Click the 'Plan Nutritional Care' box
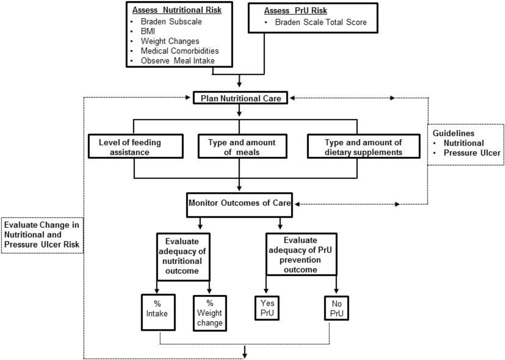point(241,98)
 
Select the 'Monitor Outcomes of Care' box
point(239,203)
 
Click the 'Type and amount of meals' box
point(242,147)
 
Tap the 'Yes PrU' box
point(266,309)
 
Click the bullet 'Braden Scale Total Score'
point(321,22)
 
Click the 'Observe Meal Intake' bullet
point(177,61)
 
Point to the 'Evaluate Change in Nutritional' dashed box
point(42,234)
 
